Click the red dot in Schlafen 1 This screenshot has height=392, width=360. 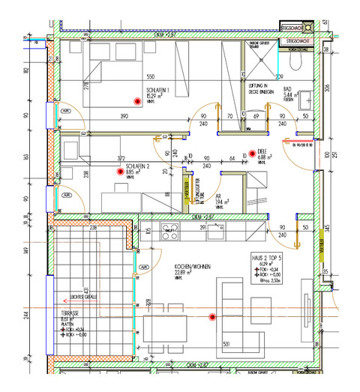[x=138, y=101]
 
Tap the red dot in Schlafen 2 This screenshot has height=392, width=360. [x=118, y=172]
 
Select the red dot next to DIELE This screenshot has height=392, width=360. [x=253, y=150]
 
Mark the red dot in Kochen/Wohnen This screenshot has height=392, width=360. [x=212, y=317]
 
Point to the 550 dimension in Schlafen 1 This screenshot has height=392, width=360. [x=150, y=78]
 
